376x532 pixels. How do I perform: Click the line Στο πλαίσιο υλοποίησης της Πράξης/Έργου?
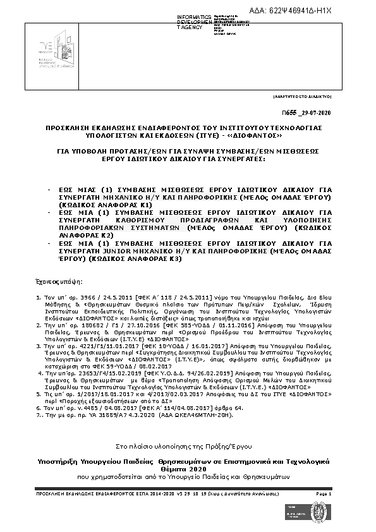(x=188, y=464)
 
